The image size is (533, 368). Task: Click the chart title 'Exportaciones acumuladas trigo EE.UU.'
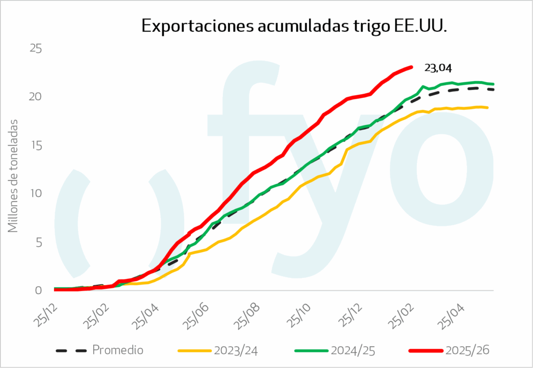294,27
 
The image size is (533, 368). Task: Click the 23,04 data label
438,68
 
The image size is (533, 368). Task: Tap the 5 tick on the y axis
39,242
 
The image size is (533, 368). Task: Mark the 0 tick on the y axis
39,290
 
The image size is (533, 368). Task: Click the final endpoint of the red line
411,67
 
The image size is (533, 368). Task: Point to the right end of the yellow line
487,108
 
